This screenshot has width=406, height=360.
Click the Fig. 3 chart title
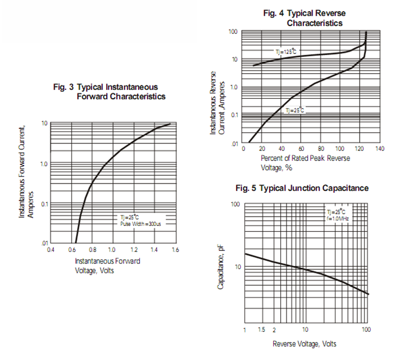click(109, 91)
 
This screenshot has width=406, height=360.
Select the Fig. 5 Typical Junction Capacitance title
click(302, 189)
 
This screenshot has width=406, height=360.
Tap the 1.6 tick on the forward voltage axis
click(175, 250)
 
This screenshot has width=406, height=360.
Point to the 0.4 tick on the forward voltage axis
click(50, 250)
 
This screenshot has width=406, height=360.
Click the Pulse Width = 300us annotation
click(140, 224)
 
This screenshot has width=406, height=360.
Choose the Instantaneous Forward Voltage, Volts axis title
click(107, 266)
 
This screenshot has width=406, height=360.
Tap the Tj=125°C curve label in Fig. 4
click(285, 52)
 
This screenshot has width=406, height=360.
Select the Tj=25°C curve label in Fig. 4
click(295, 110)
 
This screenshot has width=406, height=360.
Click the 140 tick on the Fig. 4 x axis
click(380, 149)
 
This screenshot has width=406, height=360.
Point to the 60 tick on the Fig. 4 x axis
click(300, 149)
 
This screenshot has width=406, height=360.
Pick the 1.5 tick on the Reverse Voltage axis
click(262, 330)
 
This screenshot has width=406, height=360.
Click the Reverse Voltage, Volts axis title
click(304, 344)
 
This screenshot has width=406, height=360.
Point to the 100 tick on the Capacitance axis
click(235, 204)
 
